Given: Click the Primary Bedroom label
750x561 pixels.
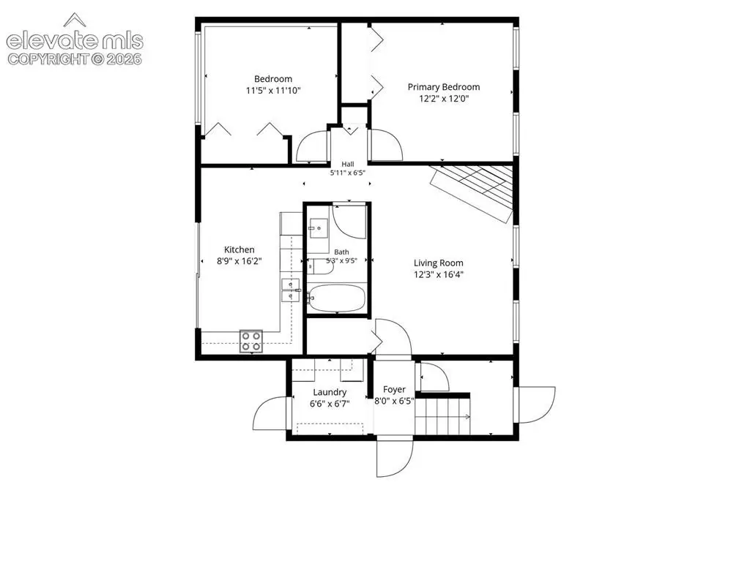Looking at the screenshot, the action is click(443, 87).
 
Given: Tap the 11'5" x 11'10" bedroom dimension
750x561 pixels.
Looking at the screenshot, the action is click(273, 90).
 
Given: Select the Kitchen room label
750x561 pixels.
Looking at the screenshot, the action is click(240, 249).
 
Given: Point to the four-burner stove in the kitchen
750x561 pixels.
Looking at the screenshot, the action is click(251, 341).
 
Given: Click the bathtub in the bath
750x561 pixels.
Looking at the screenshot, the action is click(336, 298).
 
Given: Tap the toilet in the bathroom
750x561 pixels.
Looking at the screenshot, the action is click(319, 267).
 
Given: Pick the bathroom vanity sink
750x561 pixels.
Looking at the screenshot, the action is click(319, 228).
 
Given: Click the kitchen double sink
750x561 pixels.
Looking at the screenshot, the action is click(291, 290).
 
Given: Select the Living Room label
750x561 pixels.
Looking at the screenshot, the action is click(438, 263).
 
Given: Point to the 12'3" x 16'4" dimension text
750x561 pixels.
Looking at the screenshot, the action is click(438, 274).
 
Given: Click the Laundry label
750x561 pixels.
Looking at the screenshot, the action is click(330, 392).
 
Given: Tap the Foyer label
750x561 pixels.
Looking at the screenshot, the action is click(394, 389).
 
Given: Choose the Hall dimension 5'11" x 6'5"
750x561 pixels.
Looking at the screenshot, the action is click(348, 173).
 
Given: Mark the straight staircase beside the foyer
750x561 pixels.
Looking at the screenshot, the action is click(442, 417).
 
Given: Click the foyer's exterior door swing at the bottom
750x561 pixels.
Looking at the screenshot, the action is click(395, 457).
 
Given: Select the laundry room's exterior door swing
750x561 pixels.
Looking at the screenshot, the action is click(271, 414).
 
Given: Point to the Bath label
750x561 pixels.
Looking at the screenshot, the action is click(341, 252).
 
